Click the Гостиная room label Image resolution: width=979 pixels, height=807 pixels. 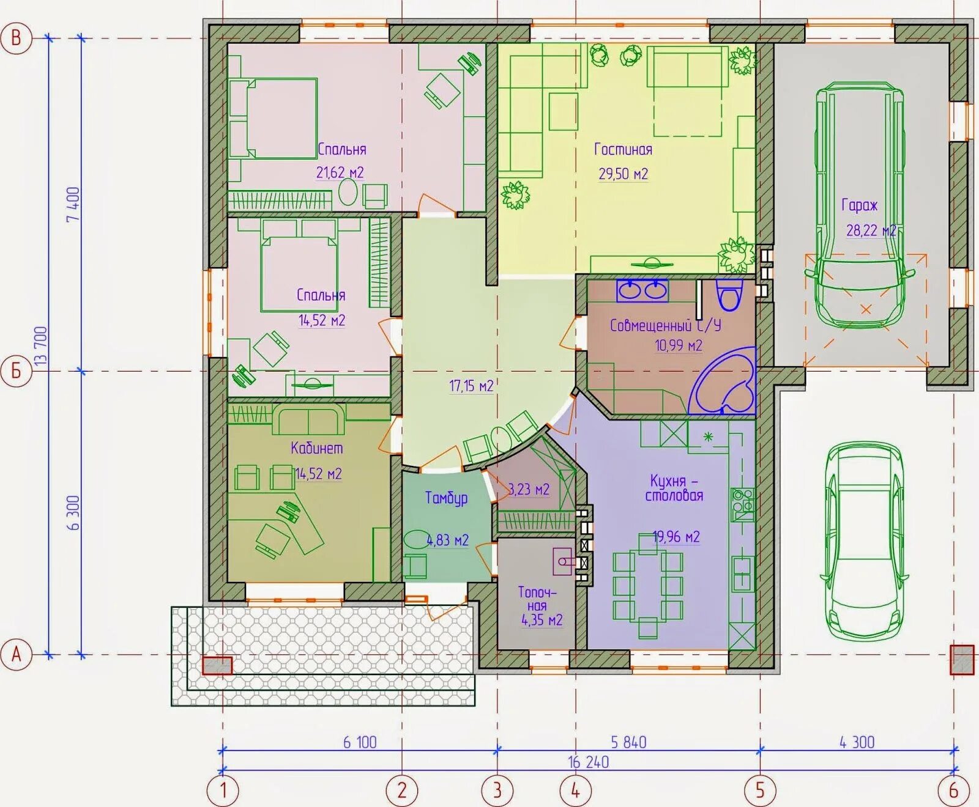(623, 149)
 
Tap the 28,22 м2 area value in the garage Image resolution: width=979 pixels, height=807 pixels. (871, 230)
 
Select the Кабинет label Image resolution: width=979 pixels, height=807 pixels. (316, 448)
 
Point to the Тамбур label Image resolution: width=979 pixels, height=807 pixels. (446, 498)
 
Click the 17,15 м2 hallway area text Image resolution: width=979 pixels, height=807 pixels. (471, 386)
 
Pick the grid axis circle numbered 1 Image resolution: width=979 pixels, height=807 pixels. (223, 790)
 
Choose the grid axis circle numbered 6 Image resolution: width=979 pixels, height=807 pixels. (953, 790)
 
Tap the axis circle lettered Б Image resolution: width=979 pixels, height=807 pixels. (16, 371)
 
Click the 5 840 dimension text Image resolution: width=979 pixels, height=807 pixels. (628, 742)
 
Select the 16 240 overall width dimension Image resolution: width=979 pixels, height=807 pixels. (588, 762)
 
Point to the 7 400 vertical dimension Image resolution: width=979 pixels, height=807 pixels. (73, 204)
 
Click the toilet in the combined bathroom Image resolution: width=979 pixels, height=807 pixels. (728, 296)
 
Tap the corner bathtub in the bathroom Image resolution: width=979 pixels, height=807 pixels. (725, 382)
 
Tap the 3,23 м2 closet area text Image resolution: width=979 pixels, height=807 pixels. (529, 490)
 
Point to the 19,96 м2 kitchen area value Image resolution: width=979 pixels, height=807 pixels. (676, 537)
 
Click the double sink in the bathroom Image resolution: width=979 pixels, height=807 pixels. (642, 290)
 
